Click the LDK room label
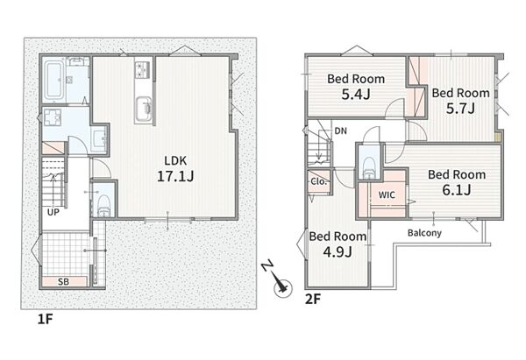coord(175,160)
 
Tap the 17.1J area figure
coord(175,176)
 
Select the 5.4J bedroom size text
coord(356,95)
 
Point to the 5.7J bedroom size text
coord(460,109)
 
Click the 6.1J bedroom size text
coord(457,190)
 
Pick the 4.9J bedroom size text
coord(338,251)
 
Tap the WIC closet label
coord(387,194)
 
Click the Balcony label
coord(424,233)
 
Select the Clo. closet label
coord(318,181)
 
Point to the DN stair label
coord(340,131)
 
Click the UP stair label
coord(53,212)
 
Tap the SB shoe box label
coord(63,281)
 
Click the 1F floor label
coord(45,319)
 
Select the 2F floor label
coord(313,299)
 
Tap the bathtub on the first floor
coord(53,80)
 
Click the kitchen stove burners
coord(144,70)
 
